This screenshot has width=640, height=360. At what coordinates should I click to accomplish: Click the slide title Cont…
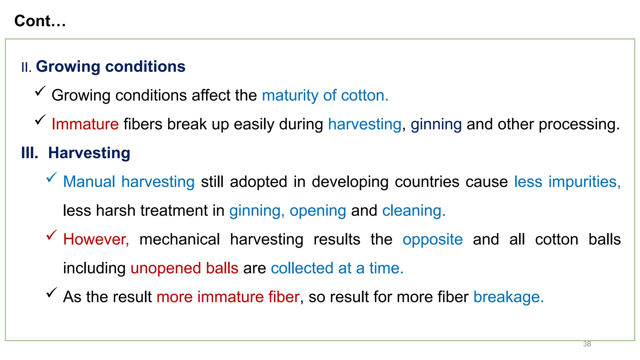[40, 21]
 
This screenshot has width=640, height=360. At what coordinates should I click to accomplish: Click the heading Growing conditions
[111, 67]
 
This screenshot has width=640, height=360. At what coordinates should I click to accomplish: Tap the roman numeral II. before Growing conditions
[26, 67]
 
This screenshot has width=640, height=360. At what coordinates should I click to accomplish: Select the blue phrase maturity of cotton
[325, 95]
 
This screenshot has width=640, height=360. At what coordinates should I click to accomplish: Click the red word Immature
[85, 124]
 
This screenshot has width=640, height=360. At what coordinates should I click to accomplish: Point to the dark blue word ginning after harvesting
[436, 124]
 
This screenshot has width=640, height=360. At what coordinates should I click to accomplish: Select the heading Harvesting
[89, 153]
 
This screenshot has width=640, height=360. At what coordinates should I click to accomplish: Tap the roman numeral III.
[30, 153]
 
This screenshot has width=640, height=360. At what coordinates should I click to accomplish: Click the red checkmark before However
[52, 235]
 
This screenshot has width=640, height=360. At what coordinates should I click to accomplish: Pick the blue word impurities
[584, 182]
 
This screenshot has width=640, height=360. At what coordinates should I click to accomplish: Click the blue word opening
[318, 211]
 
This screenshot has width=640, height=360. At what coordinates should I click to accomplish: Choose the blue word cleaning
[413, 211]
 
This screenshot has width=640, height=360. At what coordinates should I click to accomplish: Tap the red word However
[96, 239]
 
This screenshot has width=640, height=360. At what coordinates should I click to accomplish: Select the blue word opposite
[432, 239]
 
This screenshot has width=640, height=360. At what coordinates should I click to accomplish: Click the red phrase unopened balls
[184, 268]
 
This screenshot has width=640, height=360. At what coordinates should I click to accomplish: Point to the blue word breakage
[508, 297]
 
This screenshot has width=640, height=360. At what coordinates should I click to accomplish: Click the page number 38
[587, 344]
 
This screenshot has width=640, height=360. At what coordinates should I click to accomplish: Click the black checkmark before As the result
[52, 292]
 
